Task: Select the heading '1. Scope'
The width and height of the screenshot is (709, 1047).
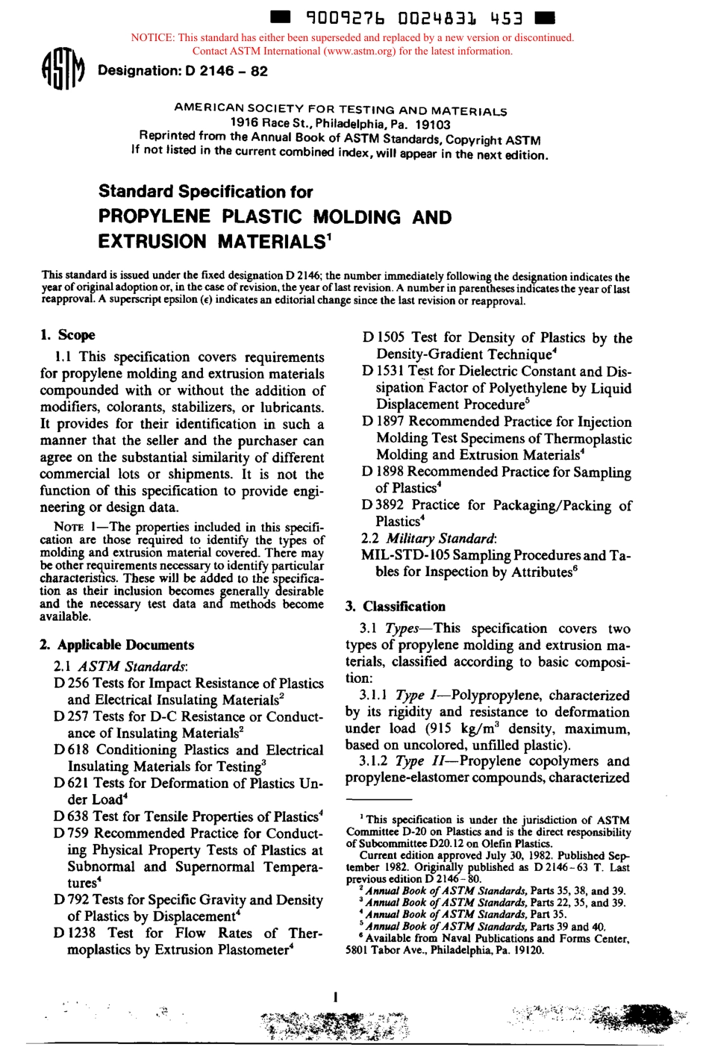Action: (68, 335)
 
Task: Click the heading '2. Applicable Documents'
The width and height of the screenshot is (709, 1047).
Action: (118, 645)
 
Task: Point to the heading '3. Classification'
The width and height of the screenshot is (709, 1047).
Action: (396, 607)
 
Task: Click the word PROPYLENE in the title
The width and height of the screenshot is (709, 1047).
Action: (154, 217)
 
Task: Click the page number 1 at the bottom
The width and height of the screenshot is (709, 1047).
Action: (337, 996)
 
